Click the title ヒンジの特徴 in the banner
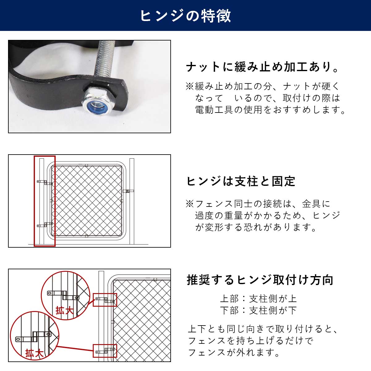pyautogui.click(x=185, y=15)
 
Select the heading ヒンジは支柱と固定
pyautogui.click(x=241, y=181)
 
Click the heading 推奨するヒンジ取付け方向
pyautogui.click(x=260, y=280)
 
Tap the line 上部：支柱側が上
pyautogui.click(x=258, y=299)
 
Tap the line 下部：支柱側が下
pyautogui.click(x=258, y=310)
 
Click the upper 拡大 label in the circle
pyautogui.click(x=64, y=310)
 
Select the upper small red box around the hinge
pyautogui.click(x=105, y=300)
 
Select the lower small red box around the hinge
pyautogui.click(x=105, y=351)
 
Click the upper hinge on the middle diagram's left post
pyautogui.click(x=45, y=182)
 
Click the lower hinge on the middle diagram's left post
pyautogui.click(x=45, y=225)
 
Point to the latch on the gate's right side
pyautogui.click(x=127, y=191)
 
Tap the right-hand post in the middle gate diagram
pyautogui.click(x=132, y=201)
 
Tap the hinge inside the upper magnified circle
pyautogui.click(x=63, y=295)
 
